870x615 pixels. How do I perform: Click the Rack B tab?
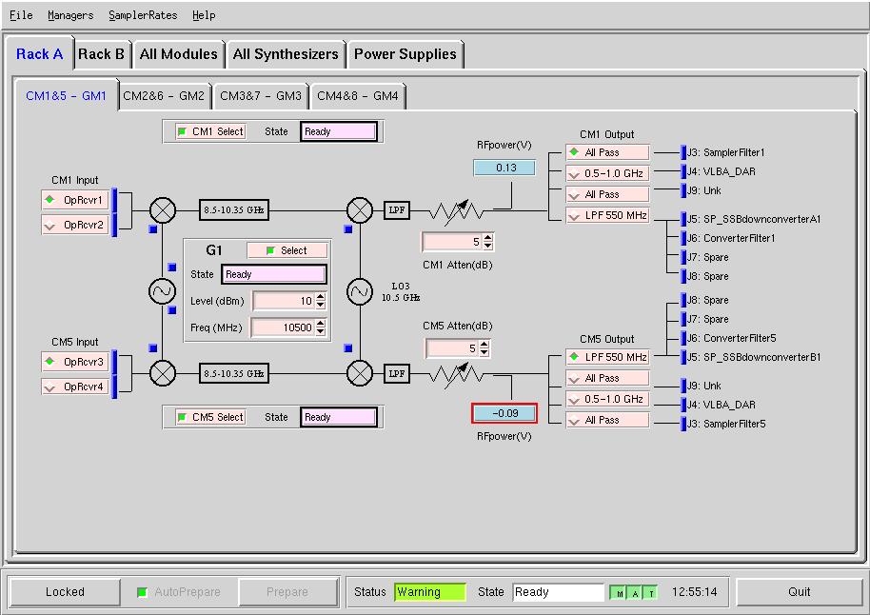click(101, 54)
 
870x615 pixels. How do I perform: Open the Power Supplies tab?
click(405, 54)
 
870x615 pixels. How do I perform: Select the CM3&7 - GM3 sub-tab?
click(260, 96)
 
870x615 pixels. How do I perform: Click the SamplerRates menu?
click(143, 15)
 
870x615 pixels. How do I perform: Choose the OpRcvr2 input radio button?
click(75, 225)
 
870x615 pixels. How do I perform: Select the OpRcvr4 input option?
click(75, 387)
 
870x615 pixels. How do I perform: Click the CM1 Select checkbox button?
click(211, 131)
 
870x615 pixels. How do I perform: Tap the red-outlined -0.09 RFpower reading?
click(504, 413)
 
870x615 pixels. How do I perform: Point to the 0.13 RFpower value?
click(504, 168)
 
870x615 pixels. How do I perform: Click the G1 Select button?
click(287, 250)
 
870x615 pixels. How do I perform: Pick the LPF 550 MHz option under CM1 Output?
click(607, 215)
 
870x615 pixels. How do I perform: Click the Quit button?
click(799, 592)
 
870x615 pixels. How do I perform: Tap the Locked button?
click(65, 592)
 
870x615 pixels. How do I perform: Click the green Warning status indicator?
click(430, 592)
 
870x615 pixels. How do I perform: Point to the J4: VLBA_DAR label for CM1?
click(722, 171)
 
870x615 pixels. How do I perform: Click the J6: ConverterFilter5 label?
click(732, 338)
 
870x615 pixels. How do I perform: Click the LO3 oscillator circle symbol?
click(360, 291)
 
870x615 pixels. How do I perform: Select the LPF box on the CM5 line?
click(397, 373)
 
